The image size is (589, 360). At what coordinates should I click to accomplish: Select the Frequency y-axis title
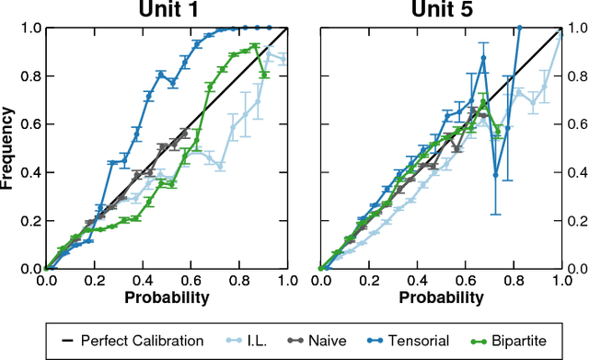pos(8,147)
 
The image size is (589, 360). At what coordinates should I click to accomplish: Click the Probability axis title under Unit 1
pos(167,298)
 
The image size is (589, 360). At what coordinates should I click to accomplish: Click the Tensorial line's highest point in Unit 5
pos(520,28)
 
